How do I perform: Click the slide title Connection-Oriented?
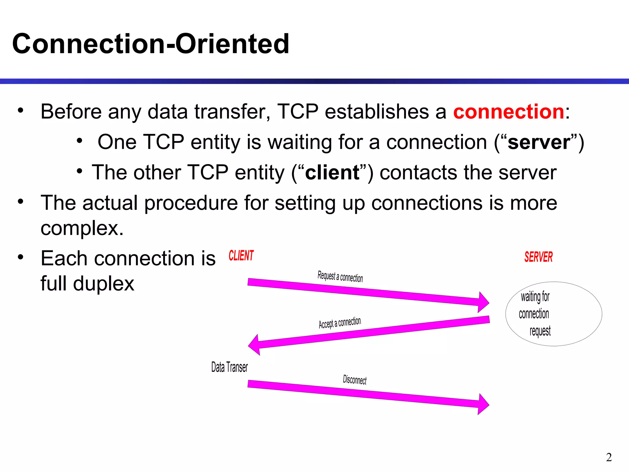coord(150,44)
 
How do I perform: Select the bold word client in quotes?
coord(332,172)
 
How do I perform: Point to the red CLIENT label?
coord(241,256)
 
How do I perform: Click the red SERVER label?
coord(538,257)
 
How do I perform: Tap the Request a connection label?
coord(340,276)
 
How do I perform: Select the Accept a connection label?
coord(340,323)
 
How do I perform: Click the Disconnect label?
coord(354,380)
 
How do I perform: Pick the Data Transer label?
coord(229,367)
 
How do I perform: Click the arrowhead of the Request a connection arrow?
coord(483,302)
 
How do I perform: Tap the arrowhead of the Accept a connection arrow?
coord(255,345)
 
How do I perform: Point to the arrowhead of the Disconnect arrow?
coord(483,404)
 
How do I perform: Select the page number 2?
coord(609,457)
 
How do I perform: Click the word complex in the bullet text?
coord(82,228)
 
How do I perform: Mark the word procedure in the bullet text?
coord(191,203)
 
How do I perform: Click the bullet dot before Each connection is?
coord(21,257)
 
